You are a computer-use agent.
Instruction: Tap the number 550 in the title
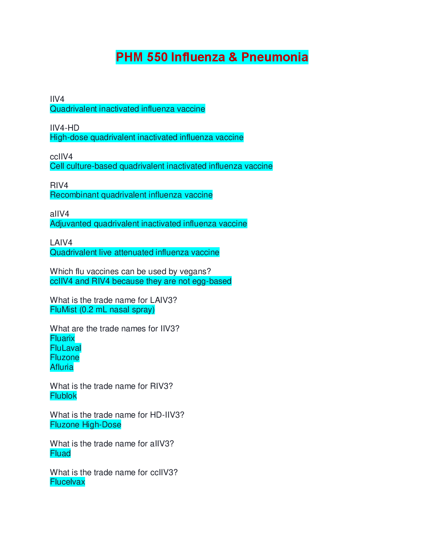pyautogui.click(x=157, y=57)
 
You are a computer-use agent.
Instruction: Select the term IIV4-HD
pyautogui.click(x=64, y=128)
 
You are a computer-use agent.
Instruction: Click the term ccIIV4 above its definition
pyautogui.click(x=61, y=157)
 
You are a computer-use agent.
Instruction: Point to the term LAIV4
pyautogui.click(x=61, y=243)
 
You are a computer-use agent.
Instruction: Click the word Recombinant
pyautogui.click(x=74, y=195)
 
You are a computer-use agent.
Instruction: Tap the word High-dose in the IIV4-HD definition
pyautogui.click(x=69, y=138)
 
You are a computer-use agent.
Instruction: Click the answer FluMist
pyautogui.click(x=63, y=310)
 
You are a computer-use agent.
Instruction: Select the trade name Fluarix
pyautogui.click(x=62, y=338)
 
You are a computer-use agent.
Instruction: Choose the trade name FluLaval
pyautogui.click(x=65, y=348)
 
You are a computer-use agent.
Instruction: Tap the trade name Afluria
pyautogui.click(x=62, y=367)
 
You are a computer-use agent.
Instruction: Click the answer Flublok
pyautogui.click(x=63, y=396)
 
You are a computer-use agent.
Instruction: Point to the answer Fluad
pyautogui.click(x=60, y=453)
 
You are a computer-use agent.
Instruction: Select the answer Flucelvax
pyautogui.click(x=68, y=482)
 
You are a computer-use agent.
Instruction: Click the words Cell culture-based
pyautogui.click(x=83, y=166)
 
